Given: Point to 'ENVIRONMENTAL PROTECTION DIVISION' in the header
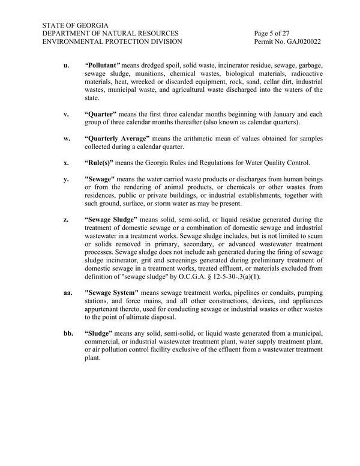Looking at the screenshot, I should tap(112, 43).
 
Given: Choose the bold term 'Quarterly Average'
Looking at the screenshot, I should tap(122, 138).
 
